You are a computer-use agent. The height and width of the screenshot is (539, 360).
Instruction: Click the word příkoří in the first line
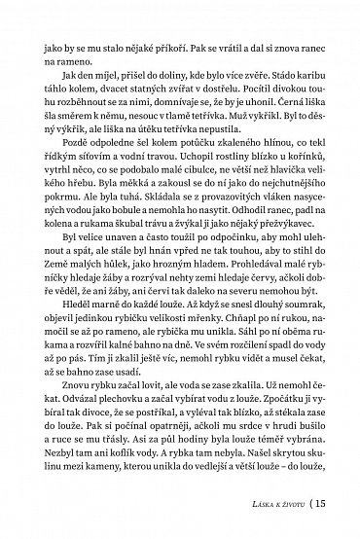pos(158,45)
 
